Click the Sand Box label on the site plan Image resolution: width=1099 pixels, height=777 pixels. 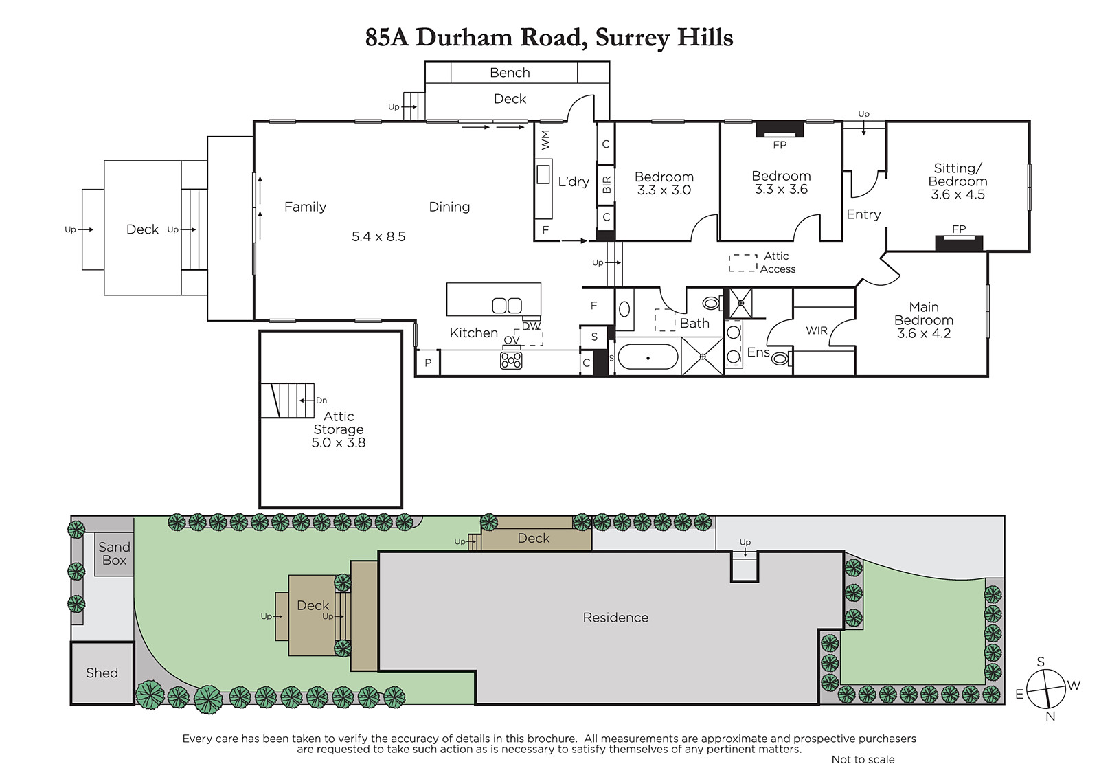[114, 554]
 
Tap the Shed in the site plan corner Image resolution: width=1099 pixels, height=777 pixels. [102, 673]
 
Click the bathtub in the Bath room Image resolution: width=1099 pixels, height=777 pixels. [648, 357]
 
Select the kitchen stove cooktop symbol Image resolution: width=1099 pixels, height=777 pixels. [511, 361]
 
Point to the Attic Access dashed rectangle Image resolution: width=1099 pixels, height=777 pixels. [743, 263]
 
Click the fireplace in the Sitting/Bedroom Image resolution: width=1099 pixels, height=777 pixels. [959, 243]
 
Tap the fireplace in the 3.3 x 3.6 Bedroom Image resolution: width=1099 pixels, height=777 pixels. [780, 129]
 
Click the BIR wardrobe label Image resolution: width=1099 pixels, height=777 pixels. [607, 185]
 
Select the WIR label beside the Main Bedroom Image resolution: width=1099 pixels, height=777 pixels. [817, 331]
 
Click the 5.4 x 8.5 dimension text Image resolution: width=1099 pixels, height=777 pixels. [378, 236]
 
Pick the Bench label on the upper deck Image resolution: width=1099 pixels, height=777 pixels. [510, 73]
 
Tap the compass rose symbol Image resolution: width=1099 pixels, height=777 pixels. [1046, 689]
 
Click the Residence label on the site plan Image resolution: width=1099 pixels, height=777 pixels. [615, 618]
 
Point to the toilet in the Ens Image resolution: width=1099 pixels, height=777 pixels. [781, 359]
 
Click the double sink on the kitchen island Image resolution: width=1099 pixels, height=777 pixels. [507, 306]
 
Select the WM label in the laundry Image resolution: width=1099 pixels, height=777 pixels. [545, 140]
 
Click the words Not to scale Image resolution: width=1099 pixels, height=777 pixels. [863, 759]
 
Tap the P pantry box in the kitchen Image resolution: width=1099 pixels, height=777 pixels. [428, 363]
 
